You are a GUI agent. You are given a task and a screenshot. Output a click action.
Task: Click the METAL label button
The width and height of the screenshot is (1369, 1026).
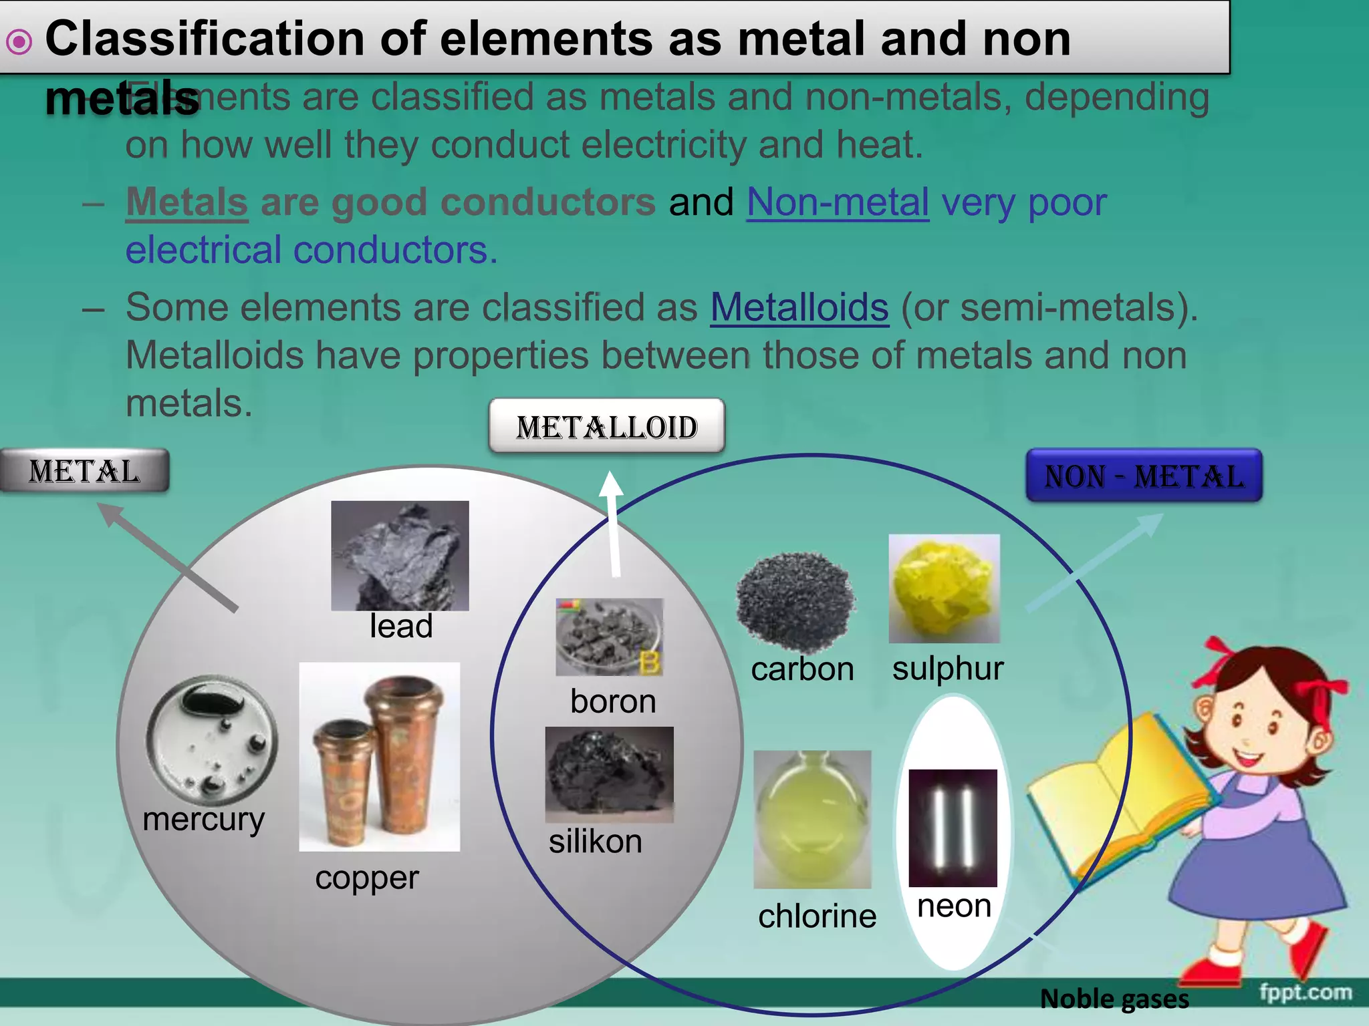pyautogui.click(x=84, y=471)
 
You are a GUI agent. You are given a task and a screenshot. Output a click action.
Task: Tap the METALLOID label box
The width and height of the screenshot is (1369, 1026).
pyautogui.click(x=606, y=426)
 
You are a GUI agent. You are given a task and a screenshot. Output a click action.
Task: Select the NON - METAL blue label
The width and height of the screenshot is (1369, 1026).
pyautogui.click(x=1144, y=476)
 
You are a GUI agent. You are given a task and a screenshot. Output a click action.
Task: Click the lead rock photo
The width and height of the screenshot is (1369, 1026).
pyautogui.click(x=400, y=555)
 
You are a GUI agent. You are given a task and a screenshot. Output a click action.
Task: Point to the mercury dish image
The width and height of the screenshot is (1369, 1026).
pyautogui.click(x=211, y=738)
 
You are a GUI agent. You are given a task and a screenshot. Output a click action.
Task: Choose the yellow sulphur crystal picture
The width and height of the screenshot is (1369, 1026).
pyautogui.click(x=944, y=588)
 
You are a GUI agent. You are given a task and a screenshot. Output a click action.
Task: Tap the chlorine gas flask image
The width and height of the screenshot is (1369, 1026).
pyautogui.click(x=812, y=819)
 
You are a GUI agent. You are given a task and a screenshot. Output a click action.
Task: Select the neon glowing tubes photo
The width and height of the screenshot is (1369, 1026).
pyautogui.click(x=953, y=828)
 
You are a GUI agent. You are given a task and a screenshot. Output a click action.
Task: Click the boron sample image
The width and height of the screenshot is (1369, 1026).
pyautogui.click(x=609, y=637)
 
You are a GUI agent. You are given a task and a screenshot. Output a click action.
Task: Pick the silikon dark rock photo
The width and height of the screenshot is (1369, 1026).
pyautogui.click(x=609, y=774)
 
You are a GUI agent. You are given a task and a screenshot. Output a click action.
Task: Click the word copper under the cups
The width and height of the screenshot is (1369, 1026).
pyautogui.click(x=367, y=878)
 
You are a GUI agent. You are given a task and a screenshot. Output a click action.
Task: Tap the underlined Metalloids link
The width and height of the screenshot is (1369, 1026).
pyautogui.click(x=799, y=307)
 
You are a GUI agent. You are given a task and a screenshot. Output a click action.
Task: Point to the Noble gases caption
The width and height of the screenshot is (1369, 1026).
pyautogui.click(x=1114, y=999)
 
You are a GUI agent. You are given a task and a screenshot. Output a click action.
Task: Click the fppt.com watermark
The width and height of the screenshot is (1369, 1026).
pyautogui.click(x=1305, y=992)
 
